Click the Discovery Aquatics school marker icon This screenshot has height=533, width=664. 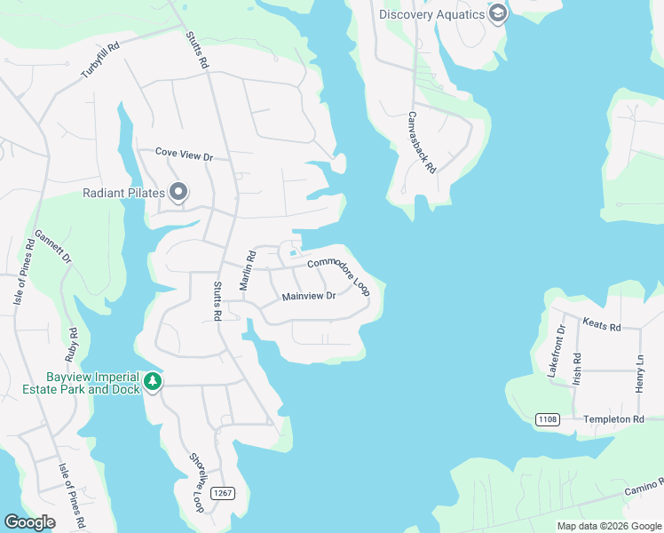[497, 13]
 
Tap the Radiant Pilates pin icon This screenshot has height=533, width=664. [178, 192]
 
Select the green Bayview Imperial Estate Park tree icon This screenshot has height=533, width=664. [154, 382]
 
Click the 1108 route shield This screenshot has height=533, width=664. [548, 419]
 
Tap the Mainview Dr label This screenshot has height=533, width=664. [308, 297]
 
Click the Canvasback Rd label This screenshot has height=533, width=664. [423, 142]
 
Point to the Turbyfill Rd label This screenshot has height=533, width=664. [100, 60]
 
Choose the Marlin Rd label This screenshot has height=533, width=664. [248, 270]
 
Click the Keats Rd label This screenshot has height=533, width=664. [601, 325]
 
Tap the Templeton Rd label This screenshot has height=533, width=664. [613, 418]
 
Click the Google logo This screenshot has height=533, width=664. [29, 522]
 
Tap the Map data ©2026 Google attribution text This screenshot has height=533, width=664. [608, 526]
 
